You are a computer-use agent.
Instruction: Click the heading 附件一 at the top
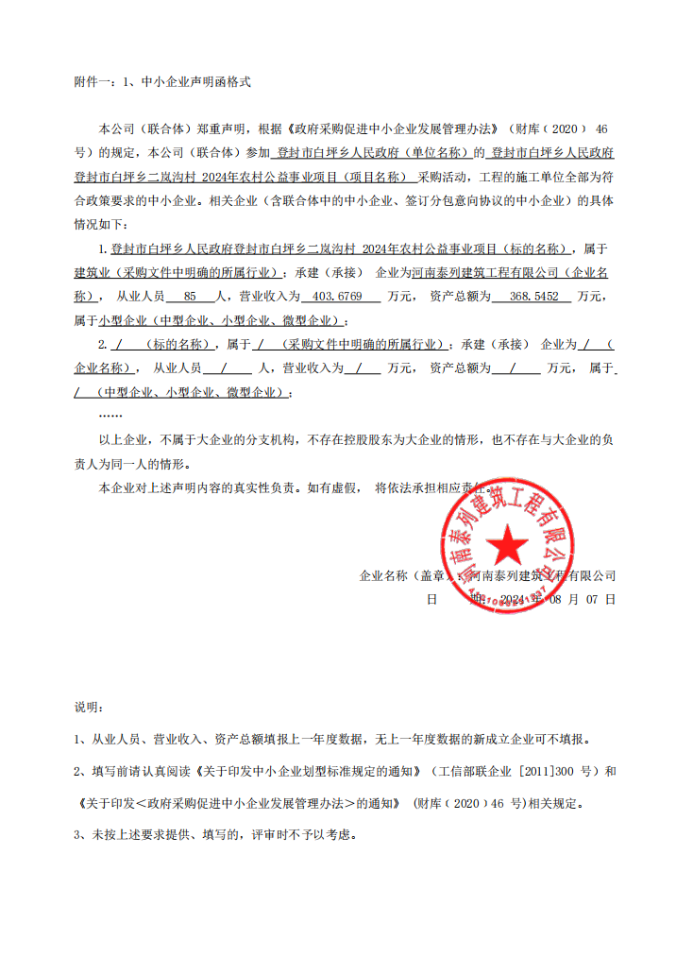tap(92, 83)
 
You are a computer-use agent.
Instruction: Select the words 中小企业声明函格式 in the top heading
tap(195, 83)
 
